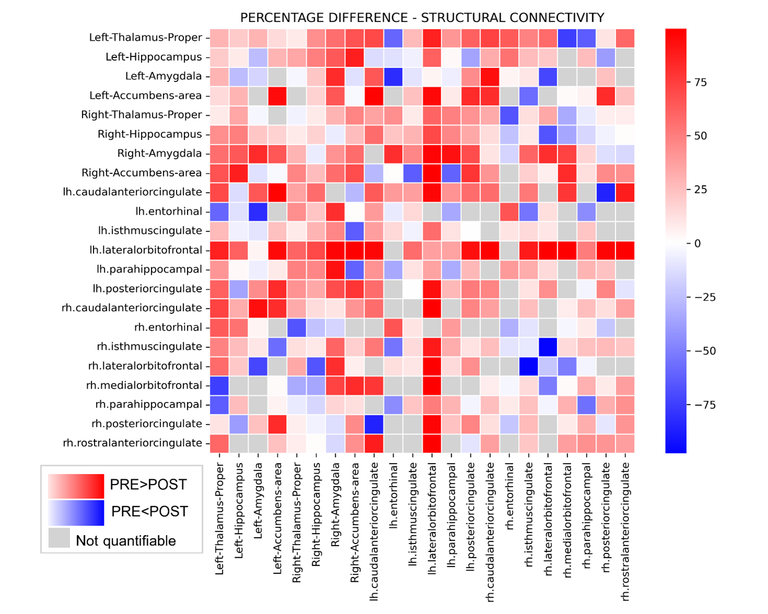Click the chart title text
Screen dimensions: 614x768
[x=422, y=18]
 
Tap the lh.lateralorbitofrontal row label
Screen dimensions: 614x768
[x=146, y=250]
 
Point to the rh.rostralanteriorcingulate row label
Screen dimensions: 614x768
[x=133, y=443]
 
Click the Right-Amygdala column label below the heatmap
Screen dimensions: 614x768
[x=335, y=504]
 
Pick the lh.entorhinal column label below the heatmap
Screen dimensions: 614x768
[x=393, y=495]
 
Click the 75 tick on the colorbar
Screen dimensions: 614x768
[x=701, y=82]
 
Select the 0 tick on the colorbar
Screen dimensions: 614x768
[x=698, y=243]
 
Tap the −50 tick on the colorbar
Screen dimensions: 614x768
[x=704, y=351]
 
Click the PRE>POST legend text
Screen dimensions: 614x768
[x=148, y=485]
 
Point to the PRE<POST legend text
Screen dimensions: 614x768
[x=150, y=512]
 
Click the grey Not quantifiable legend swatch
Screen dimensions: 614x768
[x=59, y=538]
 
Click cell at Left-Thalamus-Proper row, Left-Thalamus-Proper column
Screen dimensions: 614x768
[x=220, y=38]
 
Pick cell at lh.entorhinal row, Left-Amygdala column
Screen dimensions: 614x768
[x=258, y=211]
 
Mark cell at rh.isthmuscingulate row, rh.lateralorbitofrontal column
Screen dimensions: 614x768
[x=548, y=347]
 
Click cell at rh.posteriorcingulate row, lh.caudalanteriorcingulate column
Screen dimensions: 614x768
[x=374, y=424]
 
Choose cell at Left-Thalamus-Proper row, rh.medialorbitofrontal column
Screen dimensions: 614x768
[x=568, y=38]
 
